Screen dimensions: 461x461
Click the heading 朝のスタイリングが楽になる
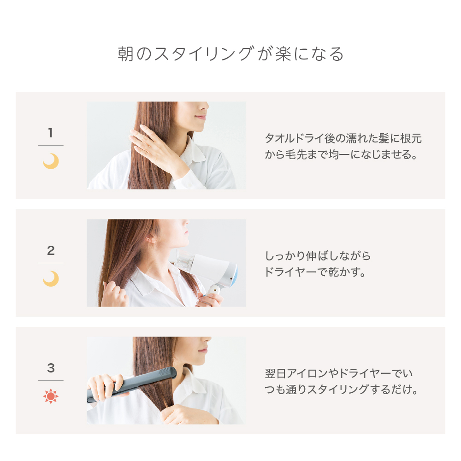[x=230, y=54]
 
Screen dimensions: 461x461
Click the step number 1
[x=51, y=133]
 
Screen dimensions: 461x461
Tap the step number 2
[x=51, y=250]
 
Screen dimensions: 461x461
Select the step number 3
[x=51, y=368]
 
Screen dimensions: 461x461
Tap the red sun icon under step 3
[x=51, y=396]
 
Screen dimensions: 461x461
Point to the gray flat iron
[x=132, y=384]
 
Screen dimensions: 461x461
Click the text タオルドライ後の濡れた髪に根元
[x=343, y=138]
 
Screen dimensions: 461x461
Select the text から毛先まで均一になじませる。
[x=341, y=154]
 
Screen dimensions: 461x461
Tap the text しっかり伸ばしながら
[x=318, y=256]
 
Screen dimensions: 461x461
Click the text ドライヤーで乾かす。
[x=315, y=272]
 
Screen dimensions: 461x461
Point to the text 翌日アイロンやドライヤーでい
[x=339, y=373]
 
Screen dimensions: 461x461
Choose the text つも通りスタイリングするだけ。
[x=341, y=390]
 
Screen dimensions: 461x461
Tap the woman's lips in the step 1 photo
[x=201, y=117]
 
